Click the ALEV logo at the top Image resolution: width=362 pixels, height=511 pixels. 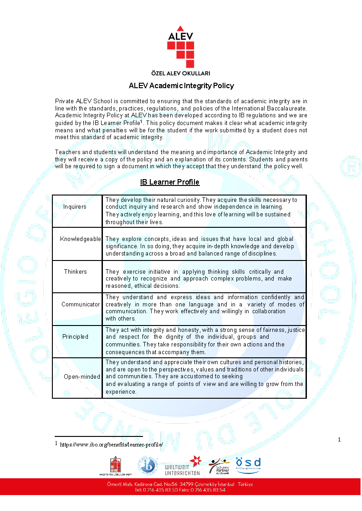click(181, 48)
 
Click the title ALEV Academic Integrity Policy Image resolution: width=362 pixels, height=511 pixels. click(181, 85)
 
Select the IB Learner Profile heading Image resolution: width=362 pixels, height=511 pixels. click(170, 182)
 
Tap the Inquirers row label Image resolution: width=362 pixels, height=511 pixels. click(75, 207)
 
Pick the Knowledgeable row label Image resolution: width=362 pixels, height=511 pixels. click(80, 239)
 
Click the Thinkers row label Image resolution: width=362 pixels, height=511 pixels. click(75, 272)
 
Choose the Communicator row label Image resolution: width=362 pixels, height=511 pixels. click(81, 305)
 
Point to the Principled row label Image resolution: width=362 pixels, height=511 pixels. click(75, 337)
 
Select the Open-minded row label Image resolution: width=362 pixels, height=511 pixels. click(82, 377)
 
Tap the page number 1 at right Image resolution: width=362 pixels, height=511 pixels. click(339, 440)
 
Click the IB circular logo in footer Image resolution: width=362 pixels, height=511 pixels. click(148, 466)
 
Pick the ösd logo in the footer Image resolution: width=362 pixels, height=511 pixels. click(248, 465)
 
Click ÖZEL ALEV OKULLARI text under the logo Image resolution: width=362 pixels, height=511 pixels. click(181, 73)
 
